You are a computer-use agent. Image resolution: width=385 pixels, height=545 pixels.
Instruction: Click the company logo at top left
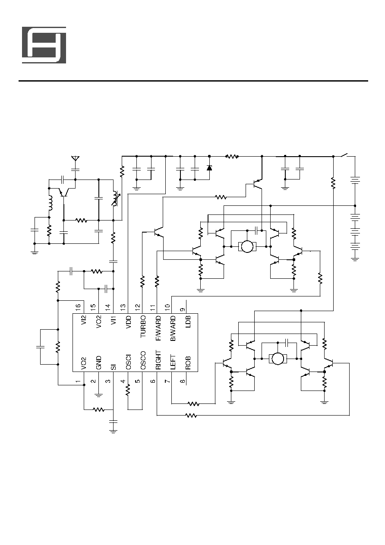44,45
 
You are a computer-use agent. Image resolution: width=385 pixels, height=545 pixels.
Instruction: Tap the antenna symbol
75,158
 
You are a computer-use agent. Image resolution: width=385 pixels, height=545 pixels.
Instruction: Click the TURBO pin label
143,326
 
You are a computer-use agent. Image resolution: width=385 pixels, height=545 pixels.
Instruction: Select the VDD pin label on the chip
128,321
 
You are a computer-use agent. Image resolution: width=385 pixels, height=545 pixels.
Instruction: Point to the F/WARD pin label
158,328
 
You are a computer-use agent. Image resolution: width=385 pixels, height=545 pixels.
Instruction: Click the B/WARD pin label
173,328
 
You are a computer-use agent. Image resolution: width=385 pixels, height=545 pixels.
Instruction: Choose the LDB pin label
188,321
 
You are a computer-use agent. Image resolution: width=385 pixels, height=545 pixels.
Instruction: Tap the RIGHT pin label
158,360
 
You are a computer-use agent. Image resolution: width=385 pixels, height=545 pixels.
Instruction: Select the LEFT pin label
173,362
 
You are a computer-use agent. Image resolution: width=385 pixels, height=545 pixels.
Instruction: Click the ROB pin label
188,363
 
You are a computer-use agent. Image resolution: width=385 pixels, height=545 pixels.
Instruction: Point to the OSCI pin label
128,362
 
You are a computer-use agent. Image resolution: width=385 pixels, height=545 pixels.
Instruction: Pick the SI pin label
114,367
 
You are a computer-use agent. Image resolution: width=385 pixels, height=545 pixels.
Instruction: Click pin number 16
78,307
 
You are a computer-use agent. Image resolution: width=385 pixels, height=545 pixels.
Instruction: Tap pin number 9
183,310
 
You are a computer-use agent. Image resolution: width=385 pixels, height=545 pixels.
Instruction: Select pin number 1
78,381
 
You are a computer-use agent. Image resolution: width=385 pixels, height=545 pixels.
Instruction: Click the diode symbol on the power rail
209,167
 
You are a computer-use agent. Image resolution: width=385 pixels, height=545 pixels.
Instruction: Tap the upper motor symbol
247,246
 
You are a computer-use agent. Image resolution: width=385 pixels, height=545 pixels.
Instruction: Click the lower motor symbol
278,359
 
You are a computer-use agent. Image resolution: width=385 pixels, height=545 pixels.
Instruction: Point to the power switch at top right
344,155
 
